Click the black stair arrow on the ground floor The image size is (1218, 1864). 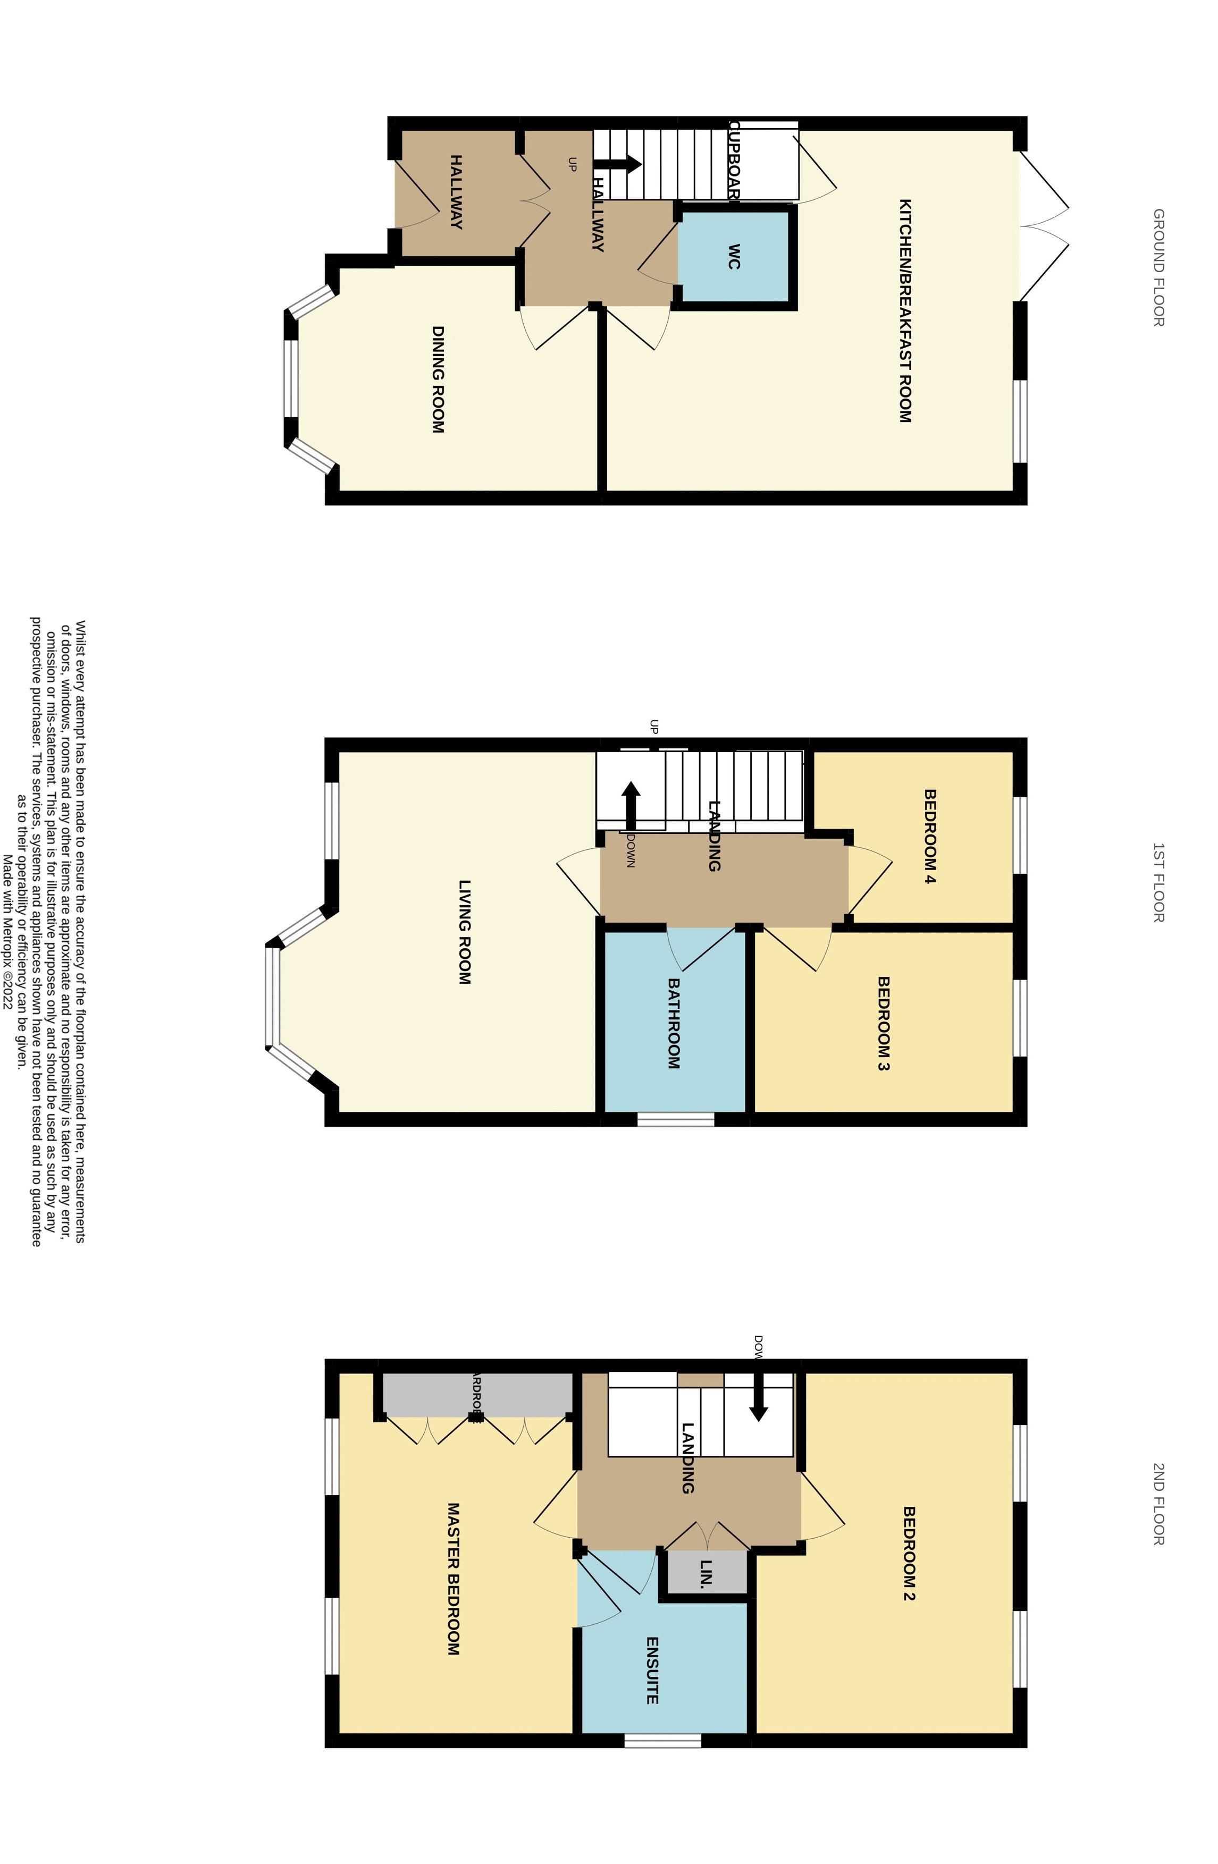[619, 164]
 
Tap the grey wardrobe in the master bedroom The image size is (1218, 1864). [475, 1394]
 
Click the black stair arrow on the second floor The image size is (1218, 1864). [758, 1396]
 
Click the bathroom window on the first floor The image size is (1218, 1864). [675, 1119]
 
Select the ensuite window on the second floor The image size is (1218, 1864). [662, 1740]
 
